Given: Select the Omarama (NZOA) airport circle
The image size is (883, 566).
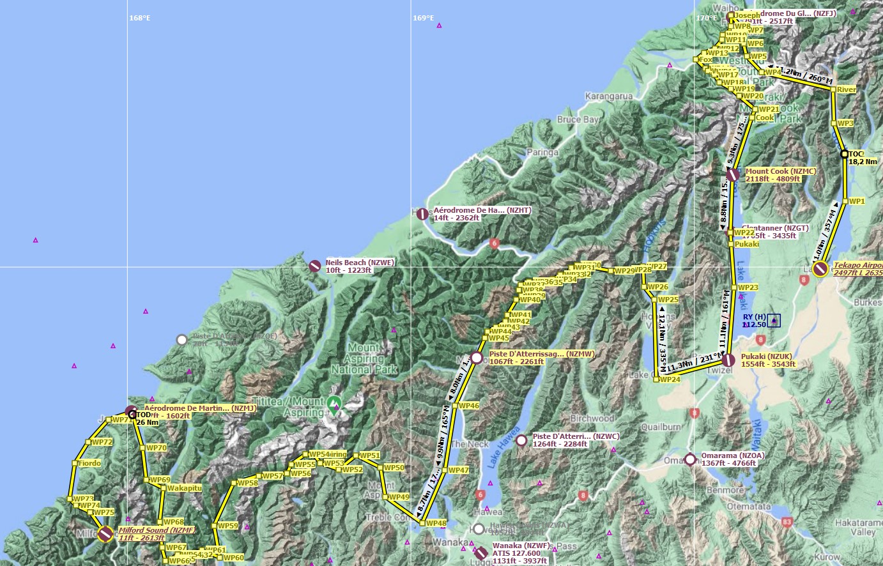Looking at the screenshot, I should [x=690, y=459].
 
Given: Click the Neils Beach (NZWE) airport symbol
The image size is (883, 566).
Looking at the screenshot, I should [x=314, y=266].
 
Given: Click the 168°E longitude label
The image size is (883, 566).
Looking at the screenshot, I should [x=140, y=18].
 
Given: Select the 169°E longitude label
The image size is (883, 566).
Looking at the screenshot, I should [x=423, y=18].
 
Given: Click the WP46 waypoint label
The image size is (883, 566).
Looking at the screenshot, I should [x=468, y=406].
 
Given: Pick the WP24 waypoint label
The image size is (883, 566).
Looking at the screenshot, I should [x=670, y=379].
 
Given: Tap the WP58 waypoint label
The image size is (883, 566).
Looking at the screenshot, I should [x=247, y=483].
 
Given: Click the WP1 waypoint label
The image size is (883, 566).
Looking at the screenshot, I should [x=857, y=201].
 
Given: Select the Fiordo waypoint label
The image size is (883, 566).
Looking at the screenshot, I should [x=89, y=463].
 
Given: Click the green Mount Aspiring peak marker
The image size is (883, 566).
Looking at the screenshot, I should [x=334, y=403].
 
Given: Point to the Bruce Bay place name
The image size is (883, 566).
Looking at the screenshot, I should [x=578, y=119].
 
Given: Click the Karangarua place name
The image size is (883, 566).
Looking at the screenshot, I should [x=609, y=96].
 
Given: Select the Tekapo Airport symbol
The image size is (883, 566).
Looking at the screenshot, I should [x=821, y=269].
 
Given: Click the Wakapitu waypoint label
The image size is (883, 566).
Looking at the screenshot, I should [x=184, y=488].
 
